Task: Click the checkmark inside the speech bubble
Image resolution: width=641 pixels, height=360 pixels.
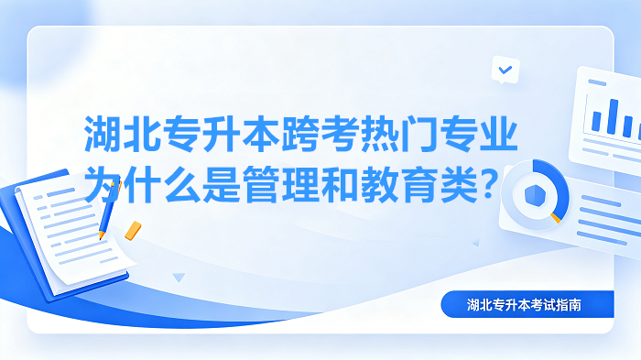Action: click(x=505, y=70)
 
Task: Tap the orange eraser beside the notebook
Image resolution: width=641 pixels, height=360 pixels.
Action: click(x=133, y=231)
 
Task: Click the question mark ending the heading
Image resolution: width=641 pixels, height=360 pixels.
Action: click(x=488, y=184)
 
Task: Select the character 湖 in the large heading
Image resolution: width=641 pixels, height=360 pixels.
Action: click(x=103, y=134)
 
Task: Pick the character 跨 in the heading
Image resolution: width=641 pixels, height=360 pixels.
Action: click(x=300, y=134)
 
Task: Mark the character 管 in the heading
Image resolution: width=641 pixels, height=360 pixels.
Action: click(x=261, y=184)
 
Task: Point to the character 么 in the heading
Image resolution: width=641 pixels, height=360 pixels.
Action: click(x=182, y=184)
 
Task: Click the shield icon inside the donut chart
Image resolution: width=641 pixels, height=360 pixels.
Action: click(x=535, y=195)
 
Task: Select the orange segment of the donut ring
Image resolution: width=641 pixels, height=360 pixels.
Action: click(x=555, y=218)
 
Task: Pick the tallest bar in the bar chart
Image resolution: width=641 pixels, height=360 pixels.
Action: click(x=612, y=116)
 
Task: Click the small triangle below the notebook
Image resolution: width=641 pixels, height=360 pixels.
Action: click(x=179, y=278)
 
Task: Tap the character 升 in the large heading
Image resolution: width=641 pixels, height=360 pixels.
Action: click(x=222, y=134)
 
